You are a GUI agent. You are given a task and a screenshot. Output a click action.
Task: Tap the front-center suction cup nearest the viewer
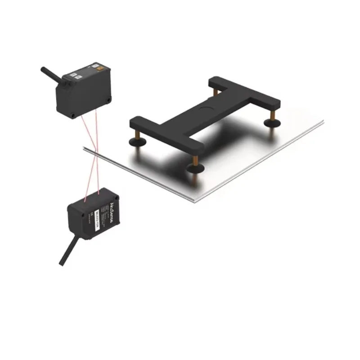click(194, 168)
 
